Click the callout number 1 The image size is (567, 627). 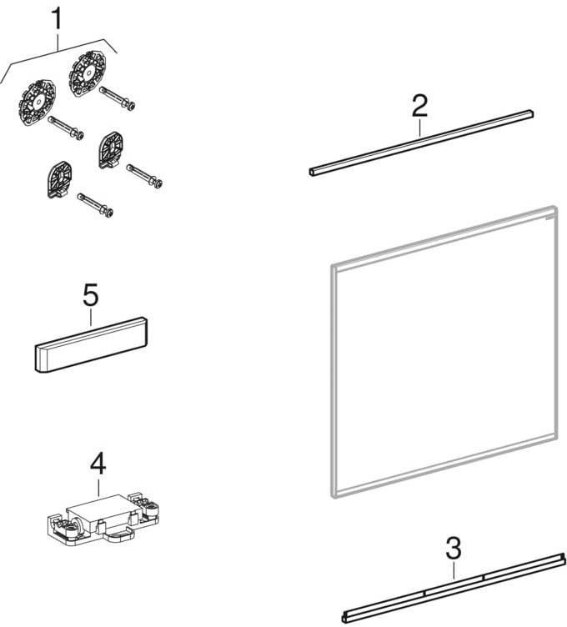[58, 20]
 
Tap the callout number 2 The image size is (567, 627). [420, 107]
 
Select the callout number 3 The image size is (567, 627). [454, 549]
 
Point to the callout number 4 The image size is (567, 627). [98, 464]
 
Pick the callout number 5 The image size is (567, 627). [91, 295]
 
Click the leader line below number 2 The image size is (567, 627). [420, 128]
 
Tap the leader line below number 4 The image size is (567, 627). [98, 486]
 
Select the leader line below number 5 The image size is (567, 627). [91, 317]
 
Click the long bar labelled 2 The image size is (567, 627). [421, 143]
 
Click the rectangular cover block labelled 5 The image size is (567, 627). [91, 344]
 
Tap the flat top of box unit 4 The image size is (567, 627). [98, 504]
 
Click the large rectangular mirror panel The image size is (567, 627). [444, 352]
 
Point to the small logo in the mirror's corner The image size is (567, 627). [549, 218]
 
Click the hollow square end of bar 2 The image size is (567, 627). [312, 173]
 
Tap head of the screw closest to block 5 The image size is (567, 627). [108, 213]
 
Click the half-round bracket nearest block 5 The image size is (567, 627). [60, 178]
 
